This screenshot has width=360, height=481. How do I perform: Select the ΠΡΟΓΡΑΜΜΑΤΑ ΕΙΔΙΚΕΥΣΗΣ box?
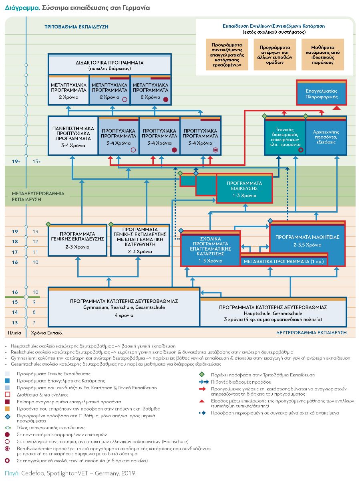click(244, 188)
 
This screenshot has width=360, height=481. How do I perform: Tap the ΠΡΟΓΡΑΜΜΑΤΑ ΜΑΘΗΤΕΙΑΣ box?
click(307, 240)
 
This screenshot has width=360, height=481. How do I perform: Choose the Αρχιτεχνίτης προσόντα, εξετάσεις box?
click(326, 137)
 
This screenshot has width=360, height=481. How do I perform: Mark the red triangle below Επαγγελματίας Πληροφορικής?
click(337, 108)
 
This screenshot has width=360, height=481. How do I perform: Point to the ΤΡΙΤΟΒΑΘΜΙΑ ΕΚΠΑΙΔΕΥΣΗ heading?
click(77, 27)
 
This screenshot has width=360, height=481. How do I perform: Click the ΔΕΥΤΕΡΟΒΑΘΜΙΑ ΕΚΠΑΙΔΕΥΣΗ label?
click(311, 333)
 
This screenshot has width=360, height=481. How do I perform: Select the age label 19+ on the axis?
click(16, 162)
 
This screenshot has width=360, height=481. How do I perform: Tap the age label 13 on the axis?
click(15, 323)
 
